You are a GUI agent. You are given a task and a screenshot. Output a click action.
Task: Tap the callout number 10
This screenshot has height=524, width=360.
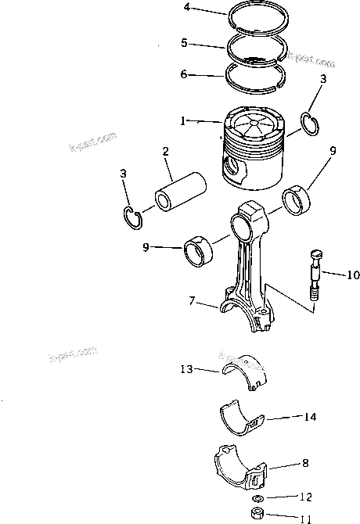click(x=352, y=275)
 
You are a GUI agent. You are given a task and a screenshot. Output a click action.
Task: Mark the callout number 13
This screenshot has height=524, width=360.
click(x=186, y=368)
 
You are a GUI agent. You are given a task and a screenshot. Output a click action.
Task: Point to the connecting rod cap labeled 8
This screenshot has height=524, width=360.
click(x=242, y=468)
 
